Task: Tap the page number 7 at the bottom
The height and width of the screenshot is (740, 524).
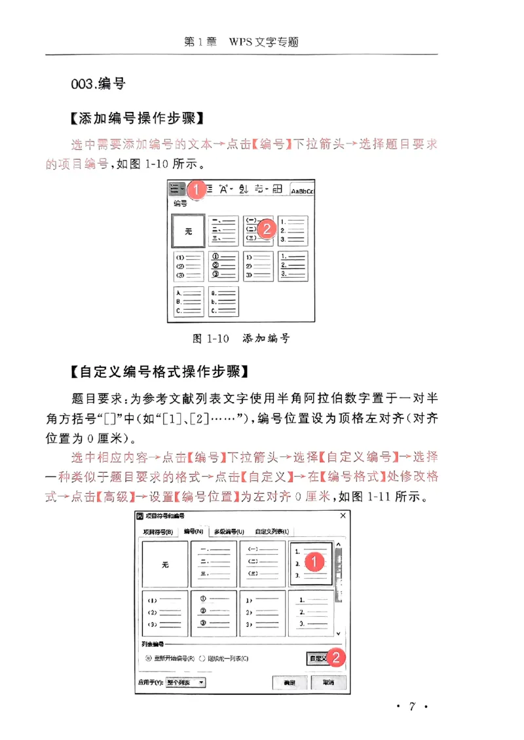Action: tap(412, 706)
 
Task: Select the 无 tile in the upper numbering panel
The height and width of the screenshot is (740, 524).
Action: tap(188, 231)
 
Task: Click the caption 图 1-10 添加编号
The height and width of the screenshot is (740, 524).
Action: tap(240, 339)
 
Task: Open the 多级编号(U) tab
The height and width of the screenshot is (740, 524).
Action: tap(229, 531)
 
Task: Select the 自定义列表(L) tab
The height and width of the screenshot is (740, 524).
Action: tap(271, 531)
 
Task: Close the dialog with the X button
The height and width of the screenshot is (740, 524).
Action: tap(343, 516)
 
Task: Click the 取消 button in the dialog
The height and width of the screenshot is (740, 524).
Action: tap(328, 682)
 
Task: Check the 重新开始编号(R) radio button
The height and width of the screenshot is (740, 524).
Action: tap(149, 658)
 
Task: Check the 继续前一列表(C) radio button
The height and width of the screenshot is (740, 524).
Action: tap(202, 658)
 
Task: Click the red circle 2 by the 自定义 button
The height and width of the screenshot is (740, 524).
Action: tap(335, 657)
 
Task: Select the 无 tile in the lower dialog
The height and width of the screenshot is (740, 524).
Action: tap(164, 564)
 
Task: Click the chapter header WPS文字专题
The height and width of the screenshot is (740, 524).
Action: tap(263, 42)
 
